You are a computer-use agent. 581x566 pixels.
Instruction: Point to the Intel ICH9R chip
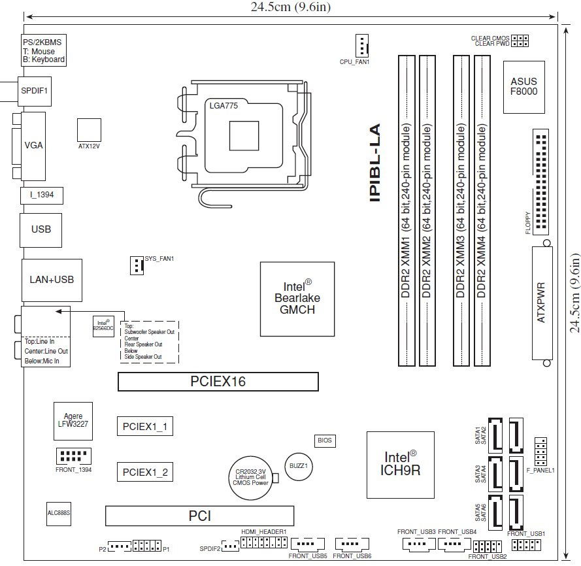(x=399, y=464)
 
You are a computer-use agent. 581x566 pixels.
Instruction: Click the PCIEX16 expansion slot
(x=218, y=382)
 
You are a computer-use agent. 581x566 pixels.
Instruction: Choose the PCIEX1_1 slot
(x=144, y=427)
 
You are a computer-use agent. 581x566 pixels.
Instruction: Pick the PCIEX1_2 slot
(x=144, y=471)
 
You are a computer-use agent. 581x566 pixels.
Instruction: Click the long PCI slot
(x=199, y=516)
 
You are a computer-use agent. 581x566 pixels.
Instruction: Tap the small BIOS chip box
(x=325, y=441)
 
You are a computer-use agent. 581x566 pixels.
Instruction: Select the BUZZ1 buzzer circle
(x=298, y=465)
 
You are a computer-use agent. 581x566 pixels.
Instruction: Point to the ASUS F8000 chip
(x=523, y=86)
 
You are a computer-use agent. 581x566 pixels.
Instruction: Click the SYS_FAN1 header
(x=136, y=265)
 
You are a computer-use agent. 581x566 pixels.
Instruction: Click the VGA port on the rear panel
(x=33, y=145)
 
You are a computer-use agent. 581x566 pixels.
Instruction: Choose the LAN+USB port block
(x=52, y=280)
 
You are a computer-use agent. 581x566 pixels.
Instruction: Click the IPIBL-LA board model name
(x=374, y=163)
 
